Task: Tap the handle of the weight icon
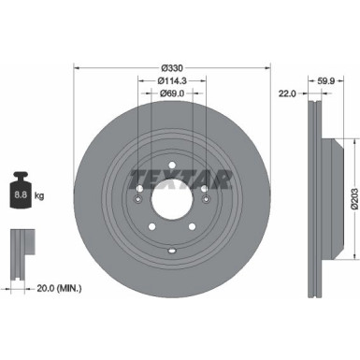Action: (22, 175)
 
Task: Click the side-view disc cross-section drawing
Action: (314, 187)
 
